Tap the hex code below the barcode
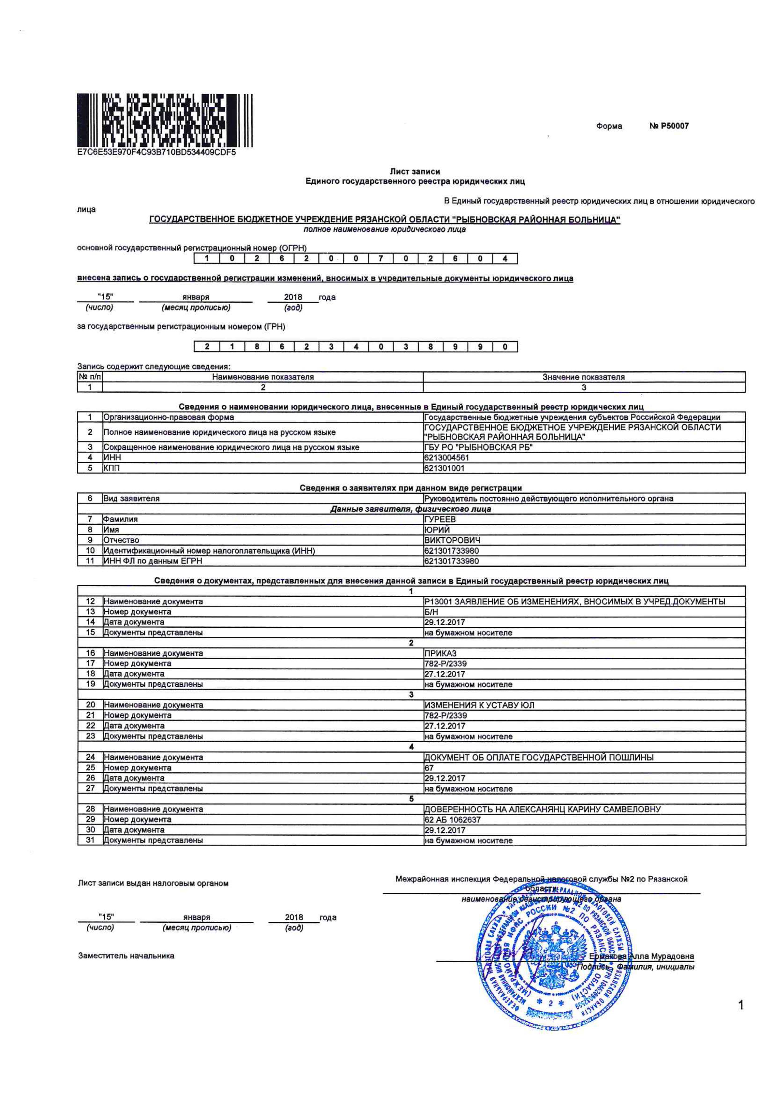(x=156, y=153)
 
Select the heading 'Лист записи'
(x=414, y=171)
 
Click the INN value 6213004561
(x=446, y=457)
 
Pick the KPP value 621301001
(x=444, y=468)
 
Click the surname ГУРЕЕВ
(x=440, y=519)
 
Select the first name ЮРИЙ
(x=437, y=529)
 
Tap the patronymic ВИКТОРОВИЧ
(x=452, y=540)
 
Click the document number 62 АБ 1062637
(x=452, y=819)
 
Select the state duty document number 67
(x=429, y=767)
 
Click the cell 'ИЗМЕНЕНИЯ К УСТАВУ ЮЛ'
(x=479, y=705)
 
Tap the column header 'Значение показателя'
(x=583, y=377)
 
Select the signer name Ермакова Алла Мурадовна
(x=641, y=956)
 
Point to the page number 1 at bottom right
(x=741, y=1005)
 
